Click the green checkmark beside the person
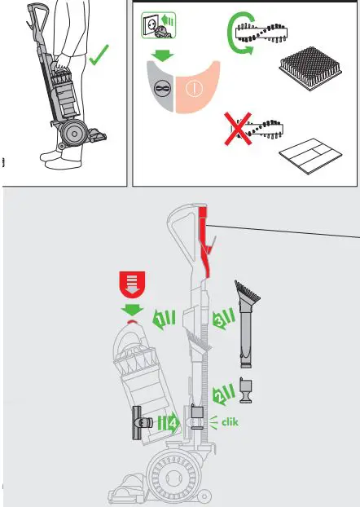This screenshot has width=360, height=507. (100, 58)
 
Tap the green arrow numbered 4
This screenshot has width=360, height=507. (170, 424)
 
